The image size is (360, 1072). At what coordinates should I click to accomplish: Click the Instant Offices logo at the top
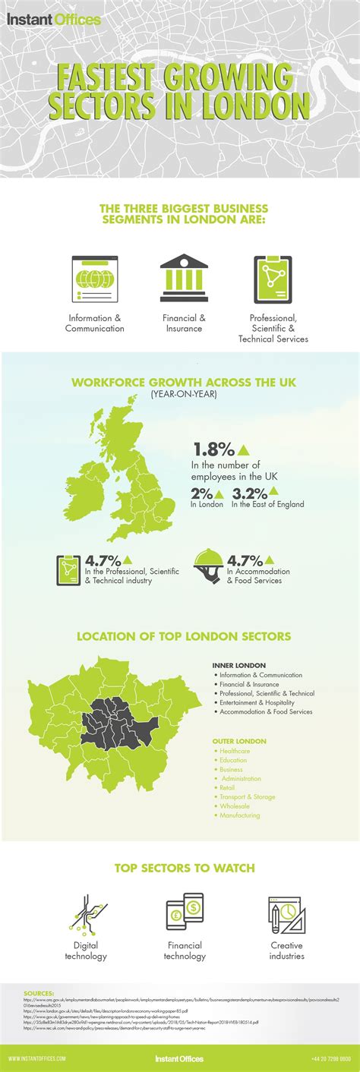coord(54,20)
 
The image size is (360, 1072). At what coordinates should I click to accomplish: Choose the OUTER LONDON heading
coord(240,740)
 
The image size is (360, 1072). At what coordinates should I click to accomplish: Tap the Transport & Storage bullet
coord(248,796)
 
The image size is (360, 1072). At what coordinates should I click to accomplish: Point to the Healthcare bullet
coord(235,751)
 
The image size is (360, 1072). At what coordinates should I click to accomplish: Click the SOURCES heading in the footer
coord(39,992)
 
